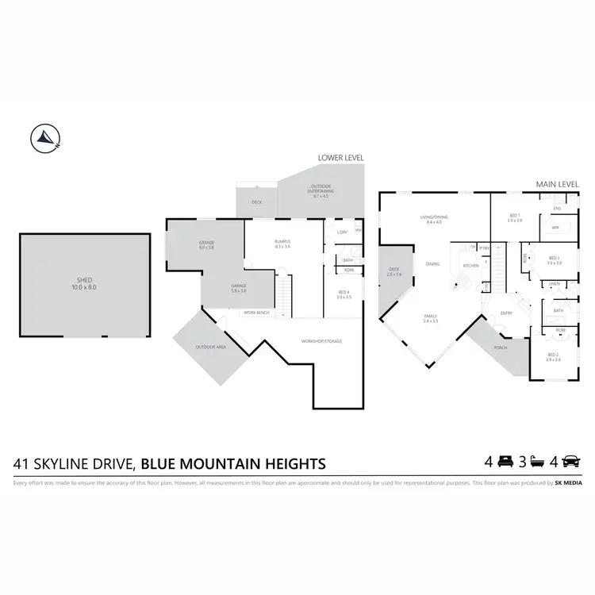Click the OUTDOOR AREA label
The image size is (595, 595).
(211, 347)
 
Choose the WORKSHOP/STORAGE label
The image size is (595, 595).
(321, 341)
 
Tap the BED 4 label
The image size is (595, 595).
(344, 294)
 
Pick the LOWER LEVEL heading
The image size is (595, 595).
(340, 158)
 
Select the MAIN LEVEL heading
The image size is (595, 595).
(555, 184)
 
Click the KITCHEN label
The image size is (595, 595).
(471, 266)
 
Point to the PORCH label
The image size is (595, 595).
(501, 347)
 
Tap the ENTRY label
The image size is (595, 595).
(507, 313)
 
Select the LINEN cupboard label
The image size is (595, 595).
(552, 284)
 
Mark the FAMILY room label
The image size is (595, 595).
(431, 317)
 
